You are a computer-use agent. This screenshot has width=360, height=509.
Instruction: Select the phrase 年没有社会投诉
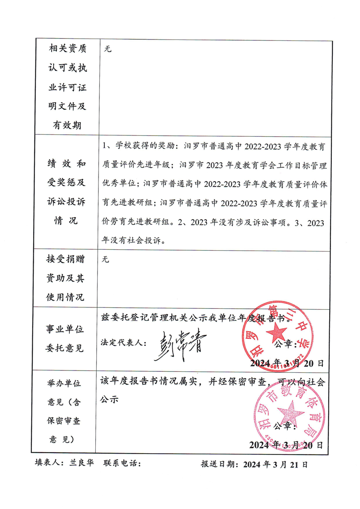click(138, 241)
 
